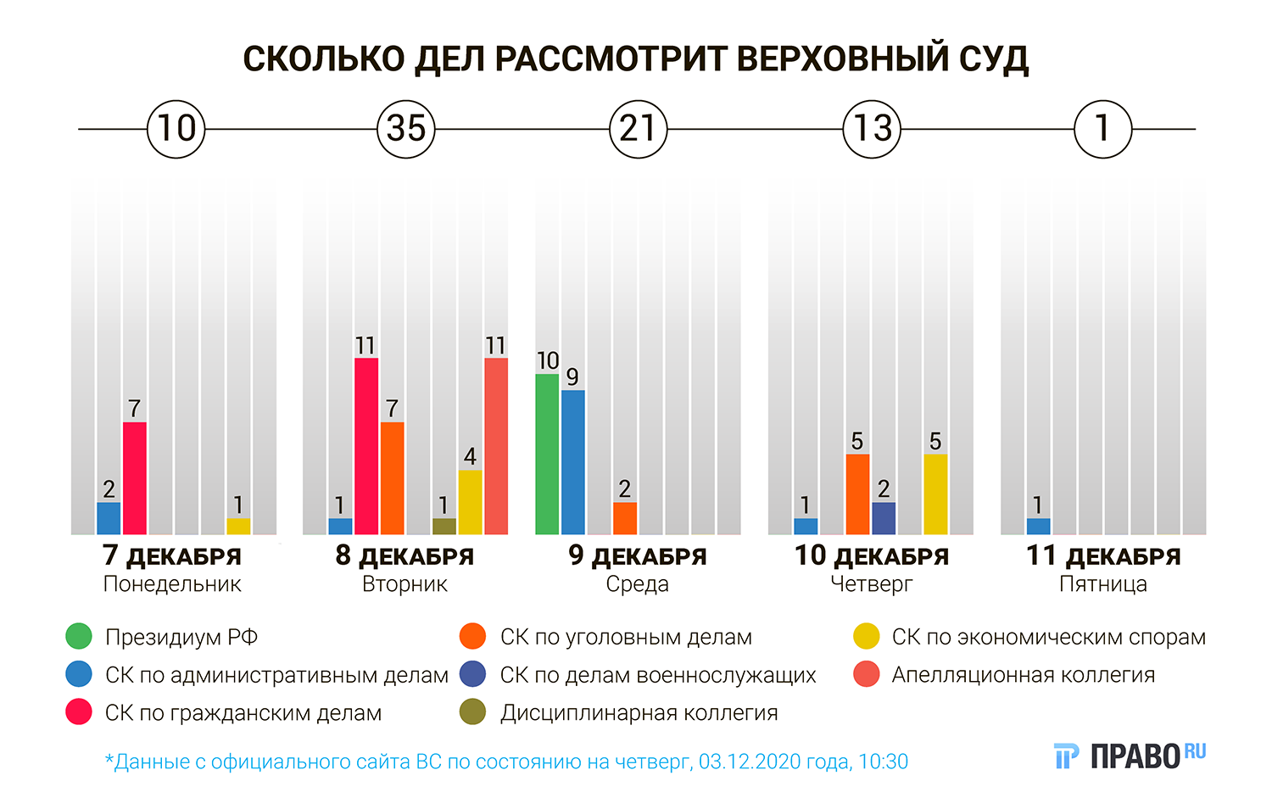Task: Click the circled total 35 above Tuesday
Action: [x=405, y=129]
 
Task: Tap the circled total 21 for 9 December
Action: [x=638, y=129]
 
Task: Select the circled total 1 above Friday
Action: [x=1102, y=129]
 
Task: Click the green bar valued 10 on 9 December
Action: [x=547, y=454]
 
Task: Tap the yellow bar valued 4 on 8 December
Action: [x=470, y=501]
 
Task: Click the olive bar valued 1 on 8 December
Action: [x=444, y=526]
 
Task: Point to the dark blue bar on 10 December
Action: [x=884, y=517]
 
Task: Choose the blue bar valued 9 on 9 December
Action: [x=573, y=461]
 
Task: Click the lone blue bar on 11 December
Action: [x=1038, y=526]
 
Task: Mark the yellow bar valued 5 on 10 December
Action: [x=935, y=494]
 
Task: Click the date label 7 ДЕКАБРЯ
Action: [x=172, y=556]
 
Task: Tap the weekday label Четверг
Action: [x=871, y=584]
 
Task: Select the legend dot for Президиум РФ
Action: [x=78, y=637]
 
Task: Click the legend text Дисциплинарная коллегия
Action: [x=639, y=713]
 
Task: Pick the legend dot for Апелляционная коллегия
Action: [x=866, y=675]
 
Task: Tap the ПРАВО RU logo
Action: [x=1130, y=755]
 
